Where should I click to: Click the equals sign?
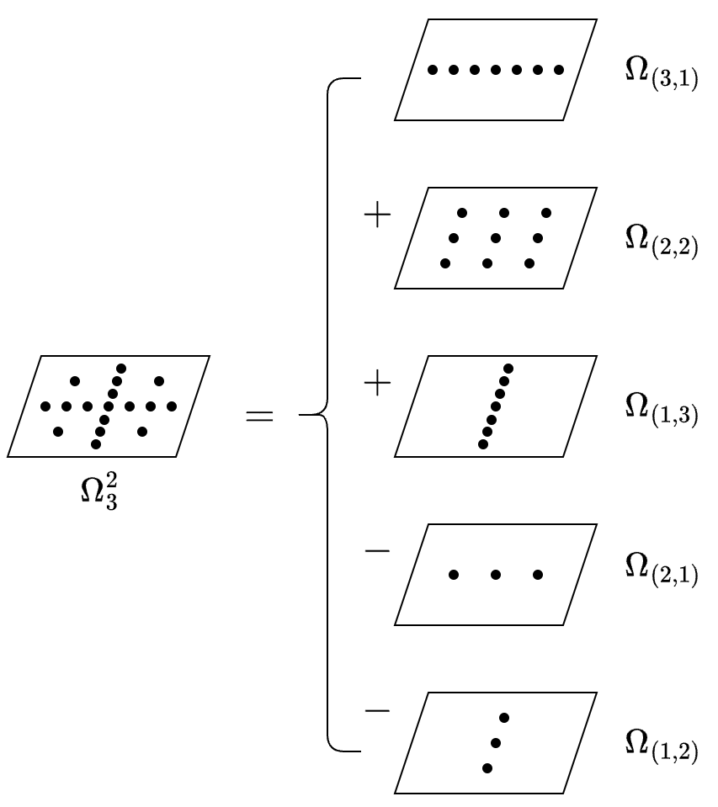259,416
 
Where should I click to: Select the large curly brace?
327,414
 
